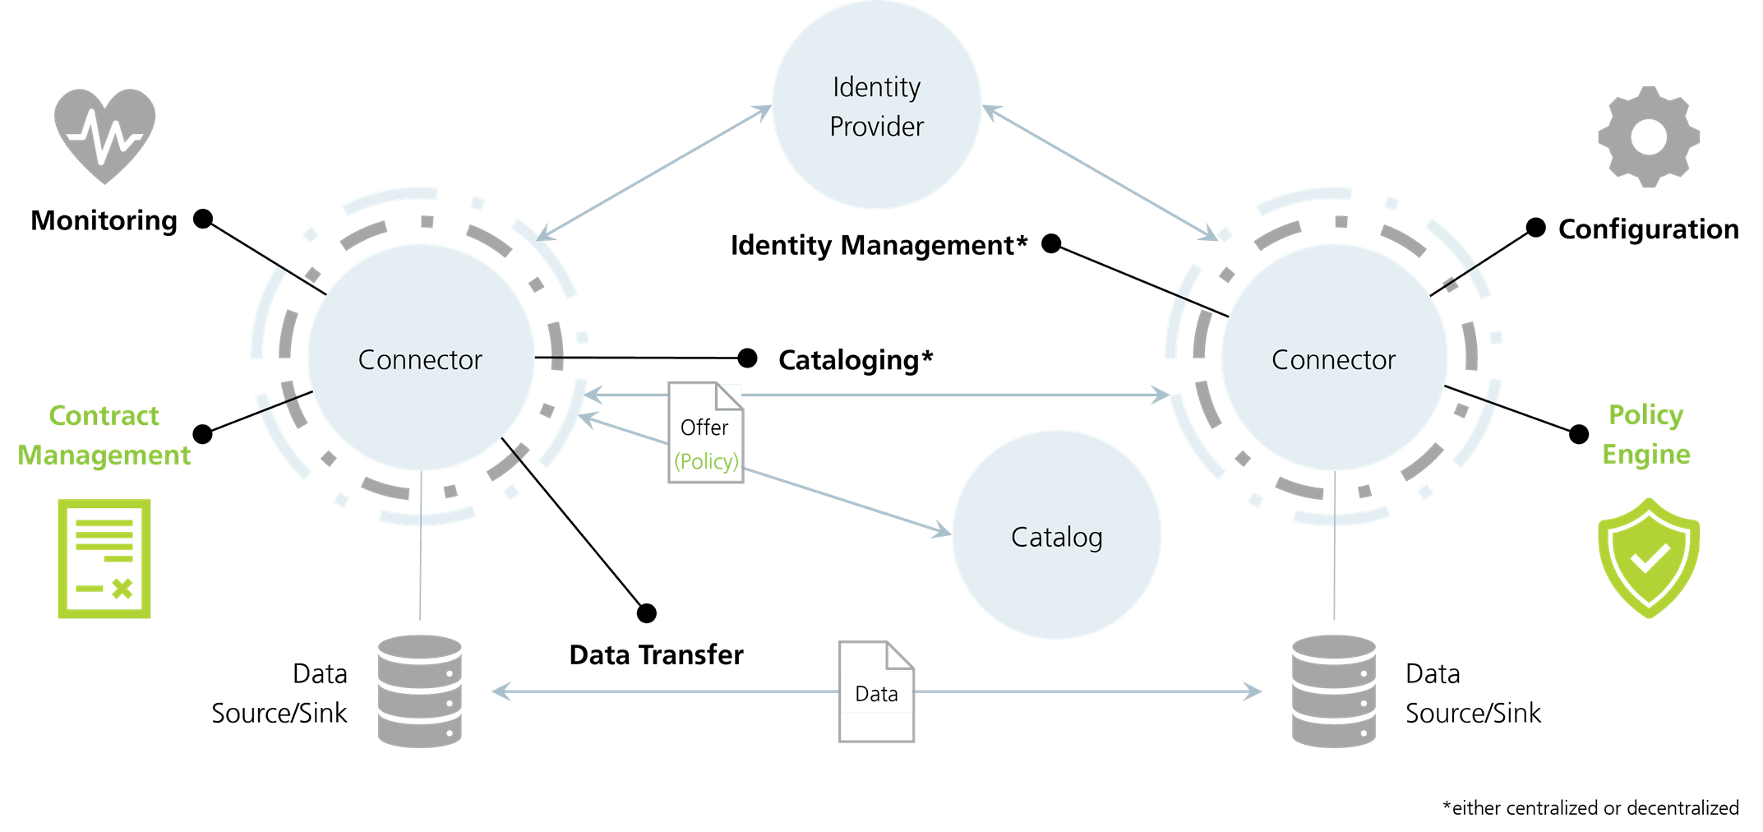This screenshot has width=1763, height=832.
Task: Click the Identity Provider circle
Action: (x=876, y=105)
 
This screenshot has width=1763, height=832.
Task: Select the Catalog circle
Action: (x=1056, y=535)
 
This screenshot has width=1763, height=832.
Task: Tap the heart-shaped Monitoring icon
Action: (x=104, y=134)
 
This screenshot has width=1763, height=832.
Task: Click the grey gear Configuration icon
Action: (x=1648, y=136)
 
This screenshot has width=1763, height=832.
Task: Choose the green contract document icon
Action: (x=104, y=558)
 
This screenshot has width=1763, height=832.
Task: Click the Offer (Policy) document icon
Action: (x=705, y=432)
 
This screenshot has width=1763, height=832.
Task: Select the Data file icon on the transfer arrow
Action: (x=876, y=691)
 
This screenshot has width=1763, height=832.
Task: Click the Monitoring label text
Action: (x=104, y=220)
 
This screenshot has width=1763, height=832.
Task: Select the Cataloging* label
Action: (x=856, y=360)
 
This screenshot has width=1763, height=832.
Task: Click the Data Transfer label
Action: (x=656, y=654)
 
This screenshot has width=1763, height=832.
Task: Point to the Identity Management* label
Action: (x=879, y=245)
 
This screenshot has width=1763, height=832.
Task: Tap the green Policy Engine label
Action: (x=1645, y=434)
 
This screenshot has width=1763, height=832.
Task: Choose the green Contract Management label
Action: (x=104, y=435)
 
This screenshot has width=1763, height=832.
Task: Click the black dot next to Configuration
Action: (x=1535, y=228)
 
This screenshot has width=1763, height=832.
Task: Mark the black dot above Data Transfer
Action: (x=647, y=612)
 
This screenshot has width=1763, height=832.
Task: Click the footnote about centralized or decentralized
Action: (x=1590, y=808)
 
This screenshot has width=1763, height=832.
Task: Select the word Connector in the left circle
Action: (x=420, y=359)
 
